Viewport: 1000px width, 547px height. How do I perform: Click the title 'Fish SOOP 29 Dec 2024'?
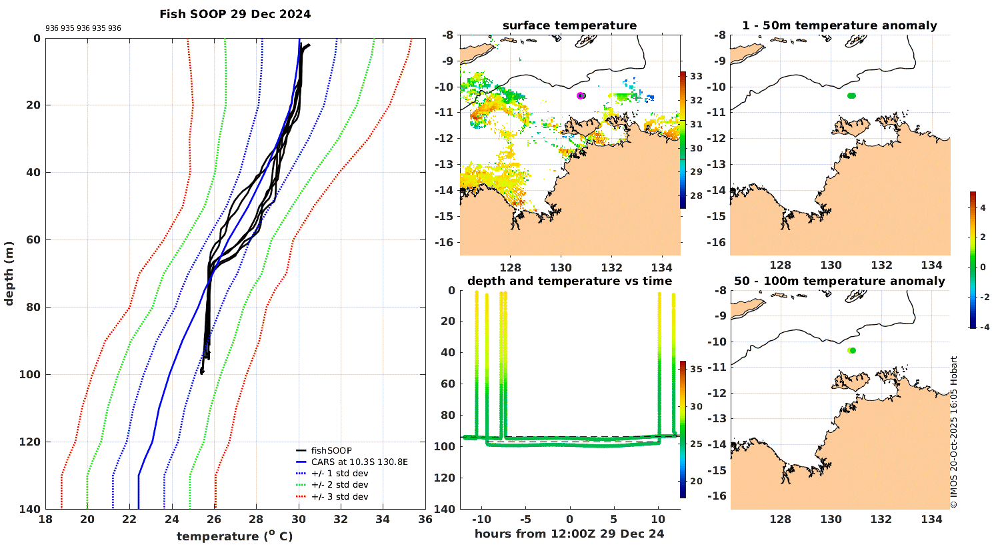(x=235, y=14)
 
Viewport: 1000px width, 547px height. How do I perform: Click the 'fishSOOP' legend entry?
(x=331, y=450)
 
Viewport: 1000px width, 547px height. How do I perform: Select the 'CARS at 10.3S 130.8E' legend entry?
(x=359, y=462)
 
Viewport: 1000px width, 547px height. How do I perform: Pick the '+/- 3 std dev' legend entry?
(x=339, y=496)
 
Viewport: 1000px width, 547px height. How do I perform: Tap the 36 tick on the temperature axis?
(x=425, y=520)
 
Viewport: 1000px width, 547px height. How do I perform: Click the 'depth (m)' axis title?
(x=9, y=273)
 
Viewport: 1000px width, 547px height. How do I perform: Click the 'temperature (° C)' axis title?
(x=234, y=536)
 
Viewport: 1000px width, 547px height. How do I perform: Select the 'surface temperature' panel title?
(x=569, y=25)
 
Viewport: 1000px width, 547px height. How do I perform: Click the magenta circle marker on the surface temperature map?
(x=581, y=95)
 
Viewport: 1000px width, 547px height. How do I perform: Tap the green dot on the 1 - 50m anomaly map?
(x=851, y=95)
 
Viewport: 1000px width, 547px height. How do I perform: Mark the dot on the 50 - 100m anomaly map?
(x=851, y=350)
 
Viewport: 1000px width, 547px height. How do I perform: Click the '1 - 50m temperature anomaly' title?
(x=839, y=25)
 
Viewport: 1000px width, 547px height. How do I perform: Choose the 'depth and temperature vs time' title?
(x=569, y=281)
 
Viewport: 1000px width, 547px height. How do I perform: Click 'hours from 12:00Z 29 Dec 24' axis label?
(x=569, y=533)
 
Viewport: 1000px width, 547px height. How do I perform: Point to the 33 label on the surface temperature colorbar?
(x=696, y=76)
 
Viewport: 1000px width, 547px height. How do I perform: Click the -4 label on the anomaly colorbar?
(x=984, y=328)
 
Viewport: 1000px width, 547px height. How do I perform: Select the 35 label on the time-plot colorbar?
(x=696, y=369)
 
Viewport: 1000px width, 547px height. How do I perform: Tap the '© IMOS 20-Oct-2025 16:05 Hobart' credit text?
(x=954, y=432)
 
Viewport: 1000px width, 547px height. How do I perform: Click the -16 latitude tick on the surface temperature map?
(x=446, y=242)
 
